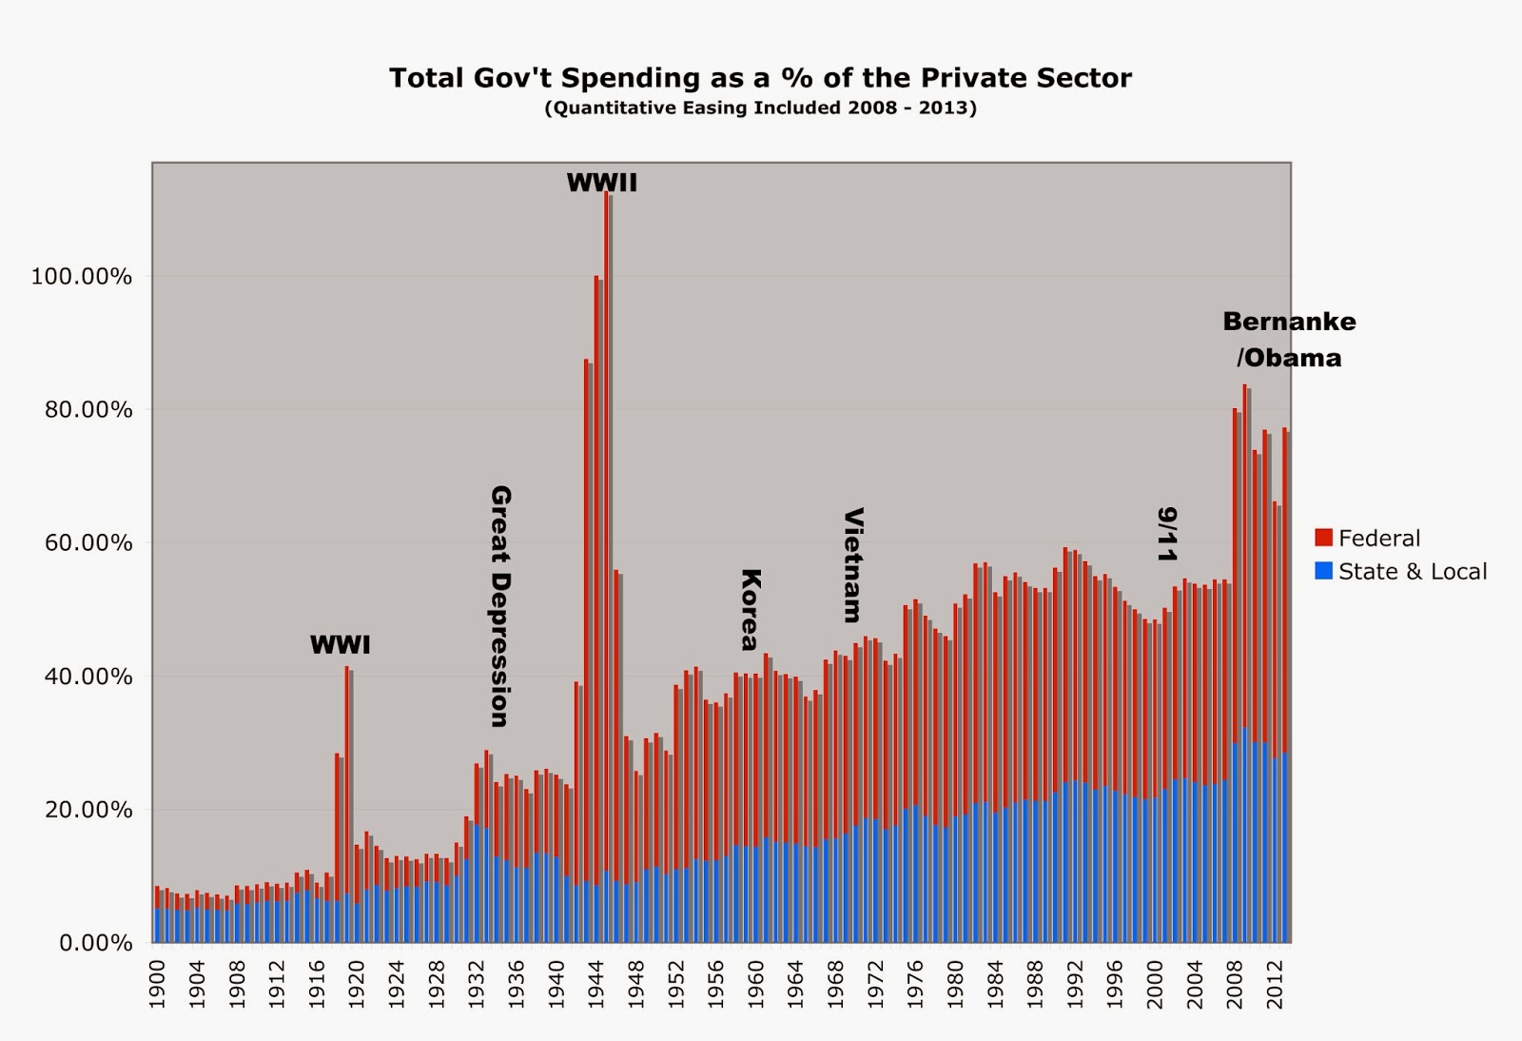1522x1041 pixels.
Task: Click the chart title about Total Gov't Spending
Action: click(x=760, y=78)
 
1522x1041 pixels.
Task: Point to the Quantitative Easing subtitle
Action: click(x=760, y=108)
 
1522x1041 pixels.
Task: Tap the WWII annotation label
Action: click(x=601, y=183)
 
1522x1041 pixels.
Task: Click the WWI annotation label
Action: click(x=340, y=645)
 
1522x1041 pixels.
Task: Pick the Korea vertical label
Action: click(x=750, y=609)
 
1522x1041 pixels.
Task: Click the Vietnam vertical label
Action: click(x=853, y=564)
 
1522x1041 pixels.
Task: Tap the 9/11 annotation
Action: click(x=1167, y=534)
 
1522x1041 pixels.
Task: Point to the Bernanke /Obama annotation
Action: click(x=1289, y=340)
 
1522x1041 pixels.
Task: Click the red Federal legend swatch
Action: click(x=1323, y=539)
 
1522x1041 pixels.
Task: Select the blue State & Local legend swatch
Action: click(x=1323, y=572)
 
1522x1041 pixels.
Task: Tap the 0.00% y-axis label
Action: click(x=95, y=943)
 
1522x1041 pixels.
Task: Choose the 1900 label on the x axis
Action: click(x=158, y=980)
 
